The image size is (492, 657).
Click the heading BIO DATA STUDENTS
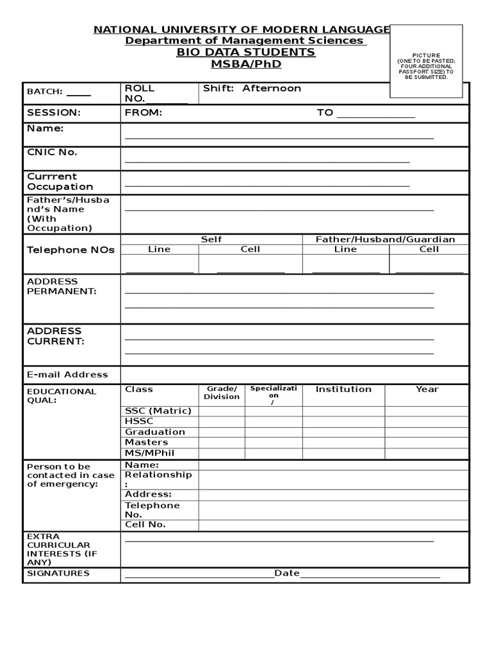(246, 52)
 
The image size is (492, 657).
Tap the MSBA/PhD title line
(246, 64)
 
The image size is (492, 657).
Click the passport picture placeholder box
(426, 62)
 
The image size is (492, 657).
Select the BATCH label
(44, 92)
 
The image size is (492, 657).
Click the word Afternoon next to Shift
(271, 89)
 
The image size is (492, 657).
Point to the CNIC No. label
(52, 152)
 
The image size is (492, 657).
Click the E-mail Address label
(67, 375)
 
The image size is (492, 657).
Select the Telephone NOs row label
(70, 250)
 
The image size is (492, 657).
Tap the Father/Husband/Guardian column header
(385, 239)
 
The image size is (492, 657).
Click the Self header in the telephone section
(211, 239)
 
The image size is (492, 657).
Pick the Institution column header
(343, 389)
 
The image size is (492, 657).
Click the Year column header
(427, 389)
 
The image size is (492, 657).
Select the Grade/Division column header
(222, 393)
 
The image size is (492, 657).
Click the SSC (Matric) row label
(158, 411)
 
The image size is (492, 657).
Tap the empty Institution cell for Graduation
(343, 432)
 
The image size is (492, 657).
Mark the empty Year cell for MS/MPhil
(427, 454)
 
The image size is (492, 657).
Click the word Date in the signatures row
(287, 574)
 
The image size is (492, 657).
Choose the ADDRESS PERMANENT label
(61, 286)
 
